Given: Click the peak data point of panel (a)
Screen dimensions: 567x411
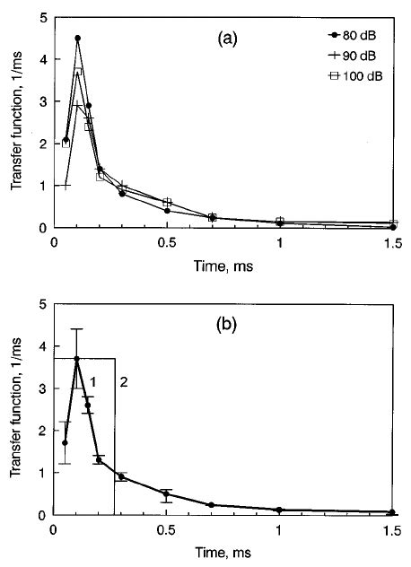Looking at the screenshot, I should (77, 39).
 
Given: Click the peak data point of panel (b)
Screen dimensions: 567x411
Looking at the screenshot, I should (77, 359).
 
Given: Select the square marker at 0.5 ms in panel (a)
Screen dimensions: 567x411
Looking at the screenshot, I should (167, 203).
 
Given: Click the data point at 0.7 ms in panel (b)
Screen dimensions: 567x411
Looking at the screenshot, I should (212, 505).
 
